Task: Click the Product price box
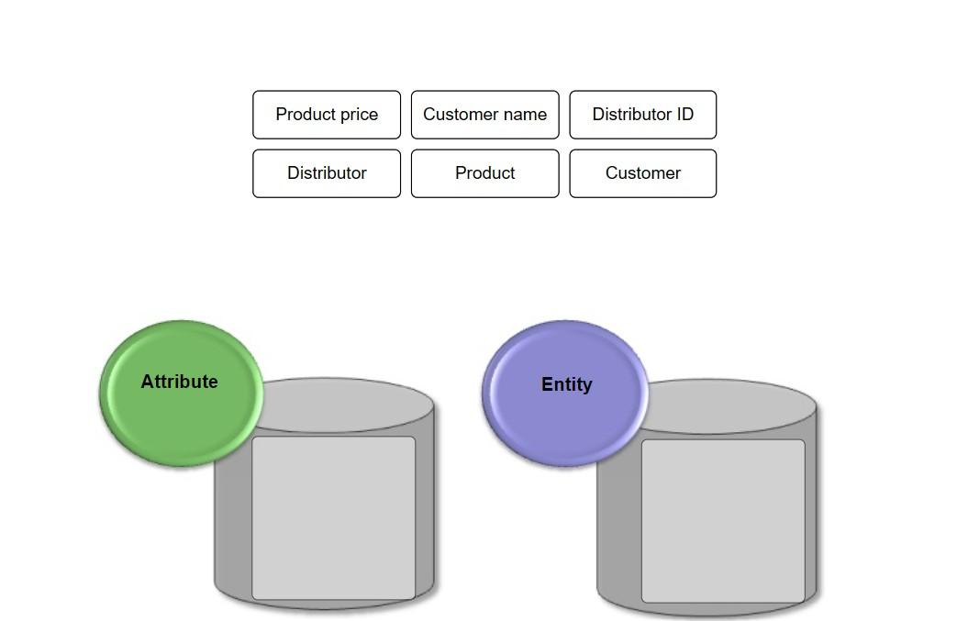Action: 327,115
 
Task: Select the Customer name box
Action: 485,115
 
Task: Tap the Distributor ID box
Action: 643,115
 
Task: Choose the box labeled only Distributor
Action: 327,173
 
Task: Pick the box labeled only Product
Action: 485,173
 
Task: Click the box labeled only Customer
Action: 643,173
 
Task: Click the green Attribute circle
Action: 181,394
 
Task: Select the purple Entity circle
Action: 565,394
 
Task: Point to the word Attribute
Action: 179,382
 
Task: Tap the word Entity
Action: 567,384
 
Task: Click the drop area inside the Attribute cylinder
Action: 333,518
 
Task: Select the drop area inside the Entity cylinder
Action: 723,521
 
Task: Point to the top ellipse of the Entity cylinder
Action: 730,406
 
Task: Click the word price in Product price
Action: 359,115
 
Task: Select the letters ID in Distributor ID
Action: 684,115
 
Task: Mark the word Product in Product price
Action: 306,115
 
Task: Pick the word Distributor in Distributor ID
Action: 631,115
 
